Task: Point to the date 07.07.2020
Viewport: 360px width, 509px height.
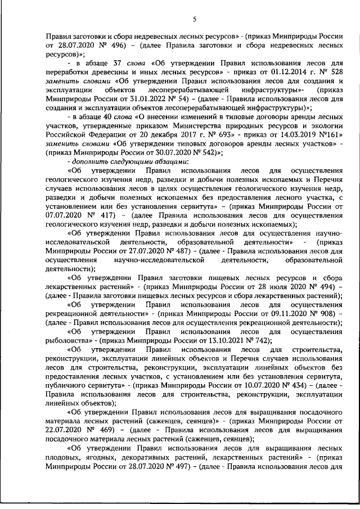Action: [62, 214]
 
